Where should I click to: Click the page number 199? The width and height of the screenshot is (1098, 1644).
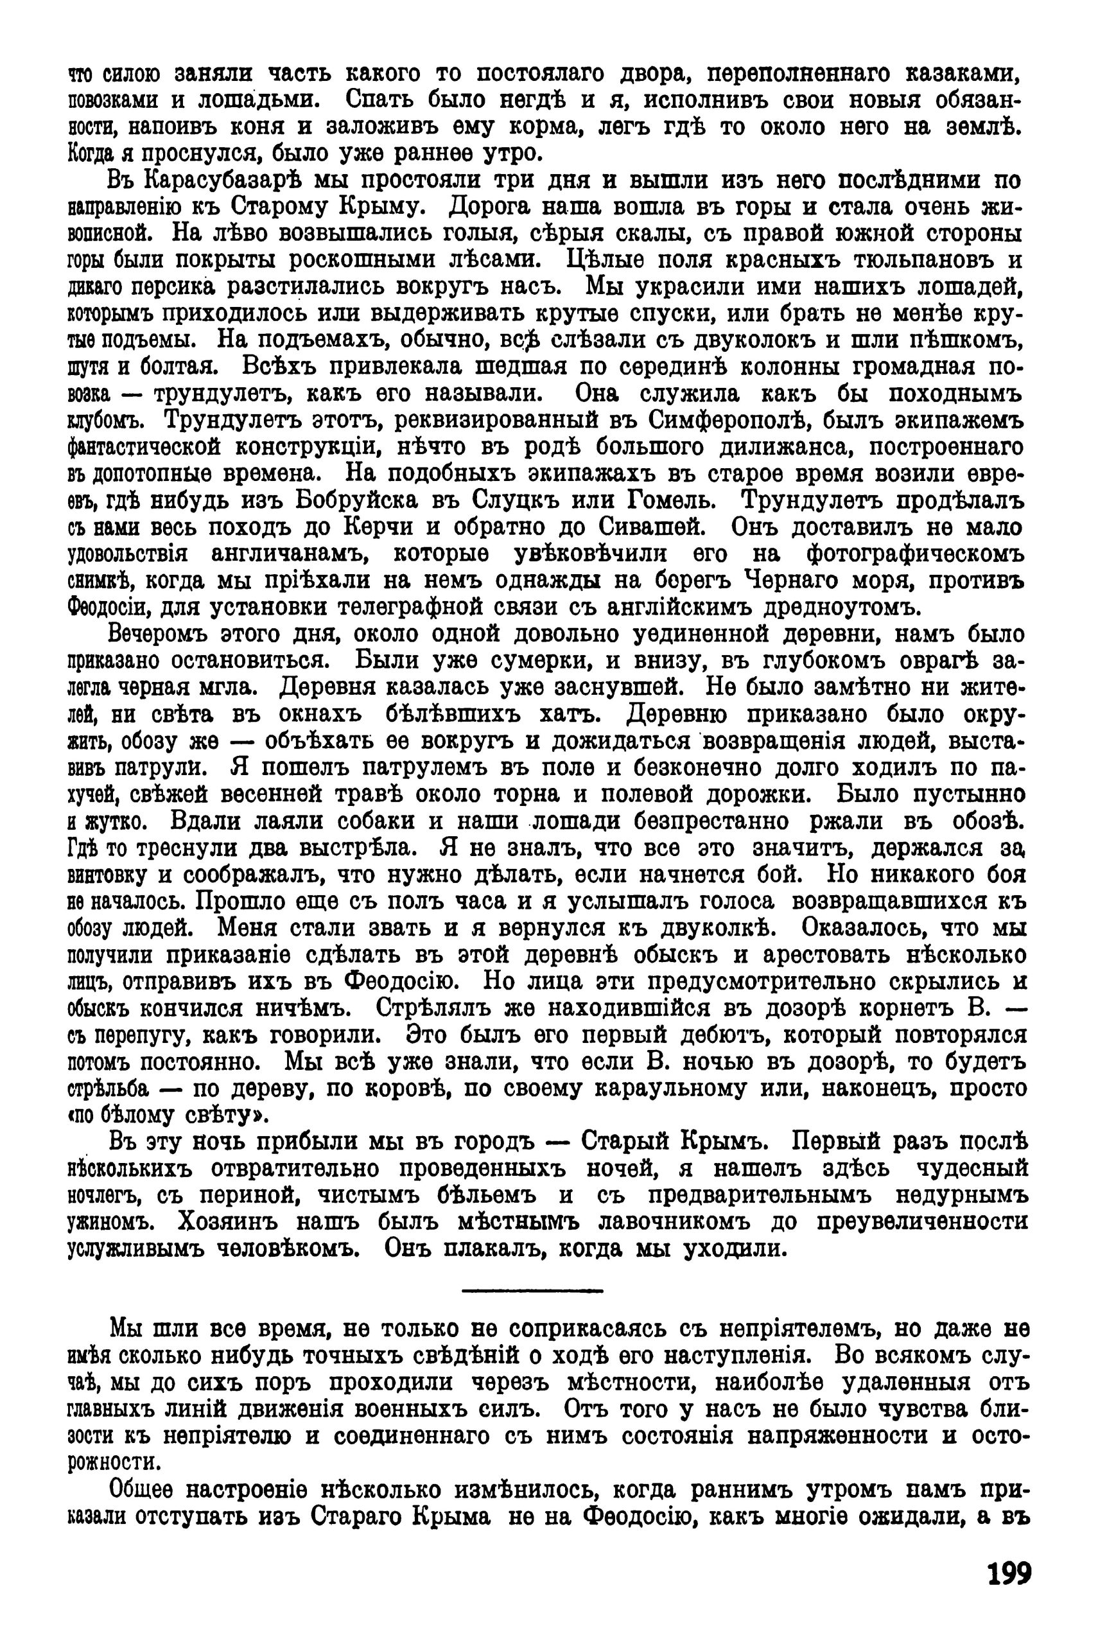pos(1009,1575)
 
